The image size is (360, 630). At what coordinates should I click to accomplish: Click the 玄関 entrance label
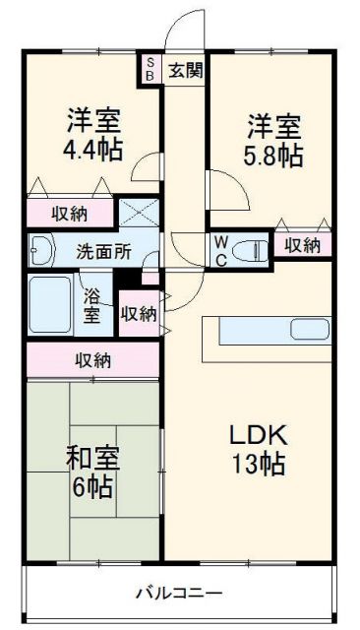coord(185,69)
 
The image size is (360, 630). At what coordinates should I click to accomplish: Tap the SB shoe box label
coord(150,69)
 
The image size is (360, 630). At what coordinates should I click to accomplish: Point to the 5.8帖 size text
coord(272,156)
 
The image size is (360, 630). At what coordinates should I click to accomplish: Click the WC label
coord(221,251)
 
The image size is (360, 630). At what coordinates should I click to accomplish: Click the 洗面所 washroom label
coord(103,250)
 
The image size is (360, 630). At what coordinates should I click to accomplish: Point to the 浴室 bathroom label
coord(91,305)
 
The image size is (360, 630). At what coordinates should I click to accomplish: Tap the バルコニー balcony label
coord(178,594)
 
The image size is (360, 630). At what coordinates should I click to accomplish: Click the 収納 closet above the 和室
coord(93,360)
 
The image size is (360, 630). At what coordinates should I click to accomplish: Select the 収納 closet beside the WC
coord(303,245)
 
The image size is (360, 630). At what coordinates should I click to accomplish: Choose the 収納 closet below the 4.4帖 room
coord(69,213)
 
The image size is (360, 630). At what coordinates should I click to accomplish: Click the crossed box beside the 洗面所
coord(138,213)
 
